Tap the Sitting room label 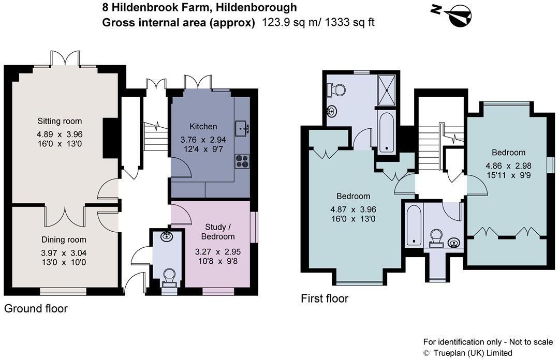coord(60,121)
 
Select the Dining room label coord(64,239)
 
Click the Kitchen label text coord(203,126)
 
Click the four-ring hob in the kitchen coord(241,161)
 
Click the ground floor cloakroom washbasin coord(167,237)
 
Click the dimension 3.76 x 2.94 coord(203,140)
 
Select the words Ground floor coord(36,309)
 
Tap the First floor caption coord(325,298)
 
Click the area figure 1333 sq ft coord(349,22)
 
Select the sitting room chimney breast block coord(110,138)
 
